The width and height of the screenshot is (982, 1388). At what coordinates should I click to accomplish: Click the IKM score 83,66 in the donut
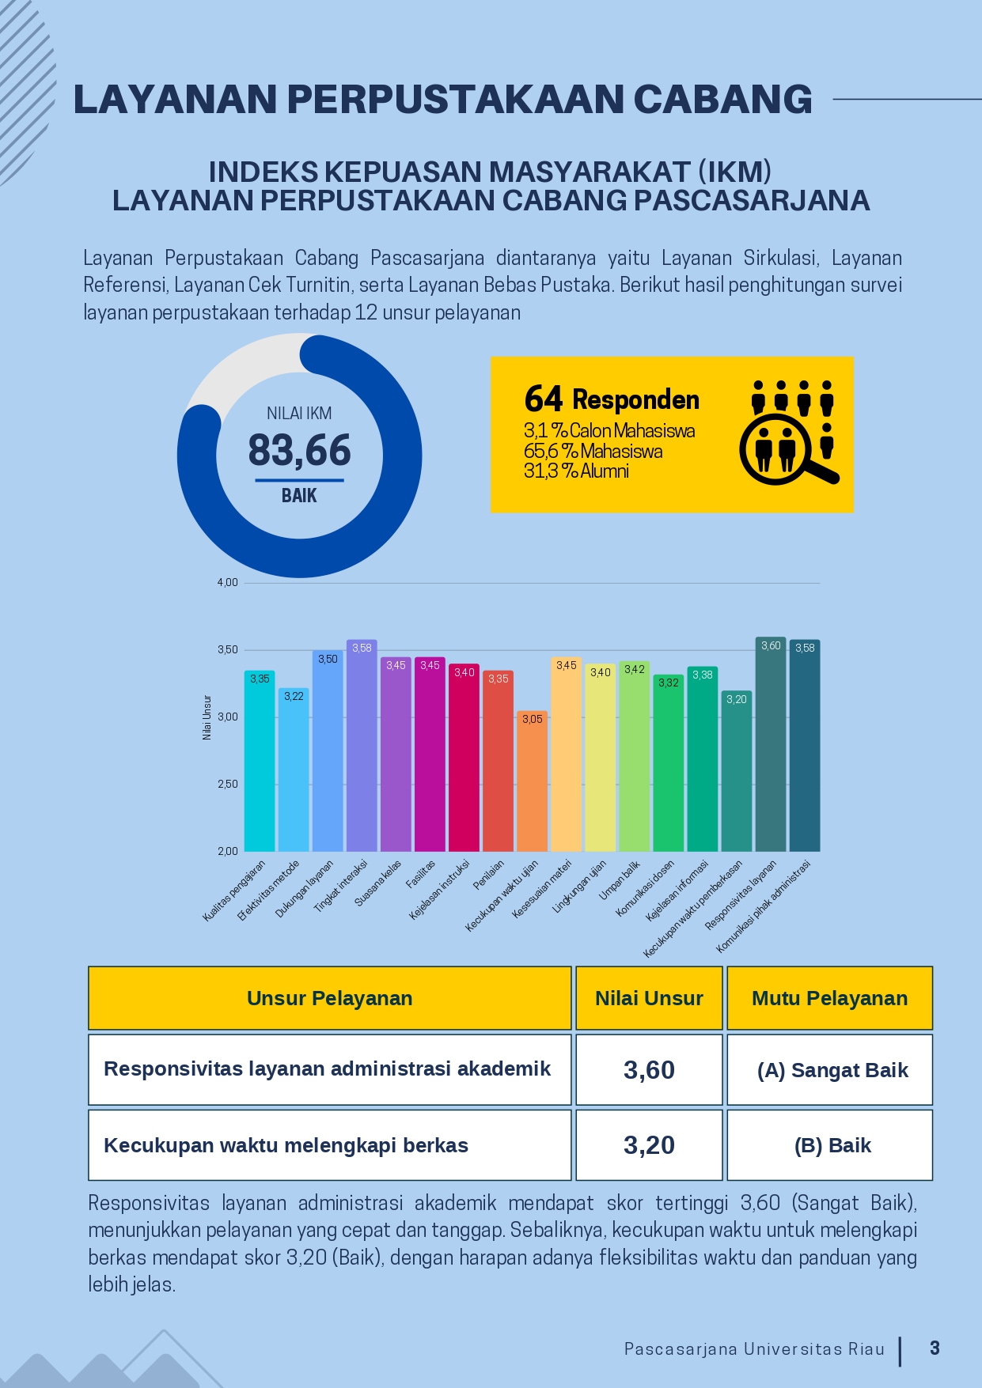click(x=299, y=451)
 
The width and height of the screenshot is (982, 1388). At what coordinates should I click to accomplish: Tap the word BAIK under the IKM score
click(x=299, y=496)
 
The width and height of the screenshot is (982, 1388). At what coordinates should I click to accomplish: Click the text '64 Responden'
click(x=612, y=399)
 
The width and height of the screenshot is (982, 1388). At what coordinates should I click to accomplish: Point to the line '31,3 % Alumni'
click(x=576, y=471)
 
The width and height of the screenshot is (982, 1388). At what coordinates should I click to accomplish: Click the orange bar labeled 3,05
click(x=533, y=783)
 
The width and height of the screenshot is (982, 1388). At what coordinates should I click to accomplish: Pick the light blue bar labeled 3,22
click(x=294, y=771)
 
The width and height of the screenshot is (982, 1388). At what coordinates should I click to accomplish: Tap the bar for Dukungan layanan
click(x=328, y=751)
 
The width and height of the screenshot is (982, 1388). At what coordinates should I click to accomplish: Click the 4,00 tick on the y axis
click(x=228, y=583)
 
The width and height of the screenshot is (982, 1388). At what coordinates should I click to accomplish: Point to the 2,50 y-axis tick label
click(x=228, y=784)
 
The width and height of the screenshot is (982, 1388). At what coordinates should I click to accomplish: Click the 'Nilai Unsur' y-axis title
click(x=207, y=717)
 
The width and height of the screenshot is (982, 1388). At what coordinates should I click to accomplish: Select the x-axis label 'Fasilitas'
click(x=421, y=875)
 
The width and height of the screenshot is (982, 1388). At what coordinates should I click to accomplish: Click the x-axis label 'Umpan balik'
click(x=620, y=879)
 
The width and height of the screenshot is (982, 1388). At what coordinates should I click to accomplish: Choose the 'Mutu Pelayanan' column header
click(x=829, y=998)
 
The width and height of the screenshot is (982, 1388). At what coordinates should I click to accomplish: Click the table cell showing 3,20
click(x=649, y=1145)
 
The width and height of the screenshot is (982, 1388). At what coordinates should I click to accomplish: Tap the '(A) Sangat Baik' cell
click(x=832, y=1070)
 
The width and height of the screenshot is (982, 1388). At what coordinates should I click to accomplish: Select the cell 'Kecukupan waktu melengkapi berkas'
click(x=286, y=1145)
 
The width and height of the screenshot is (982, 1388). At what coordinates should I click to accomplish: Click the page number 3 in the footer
click(x=935, y=1348)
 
